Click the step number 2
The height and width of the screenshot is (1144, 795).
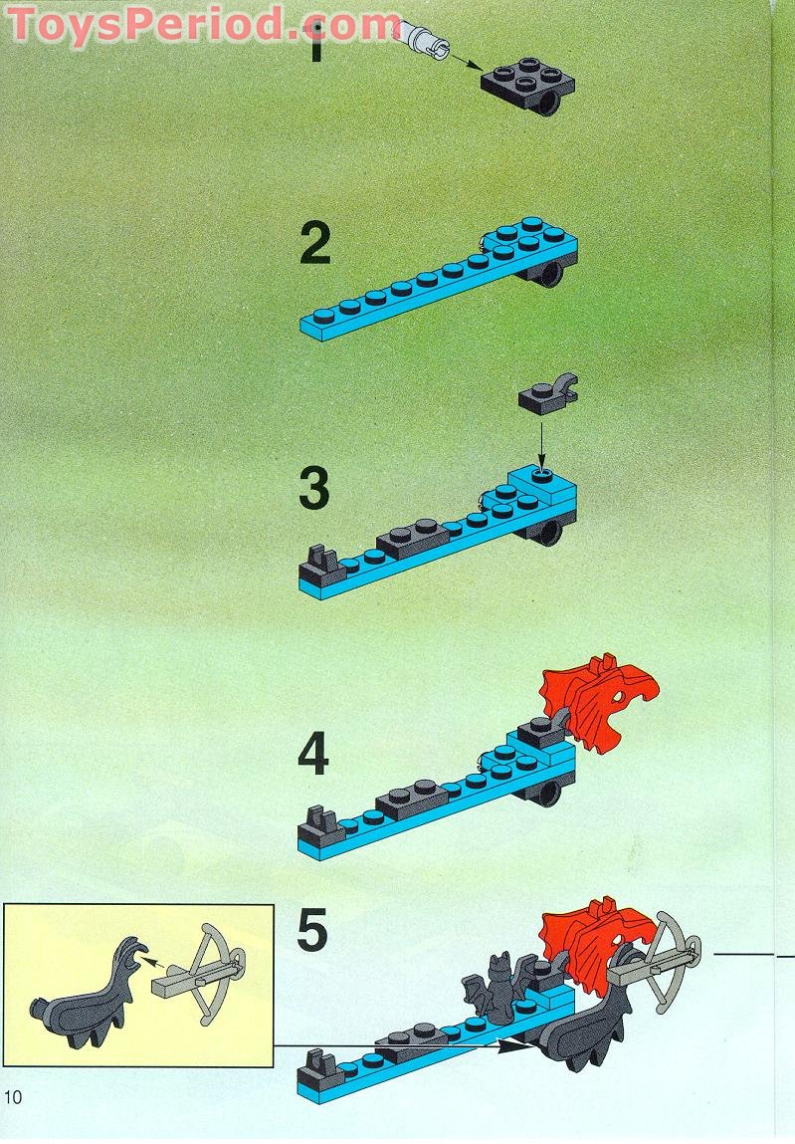point(314,245)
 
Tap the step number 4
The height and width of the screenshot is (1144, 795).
point(313,755)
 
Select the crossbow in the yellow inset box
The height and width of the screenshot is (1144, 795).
point(208,973)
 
